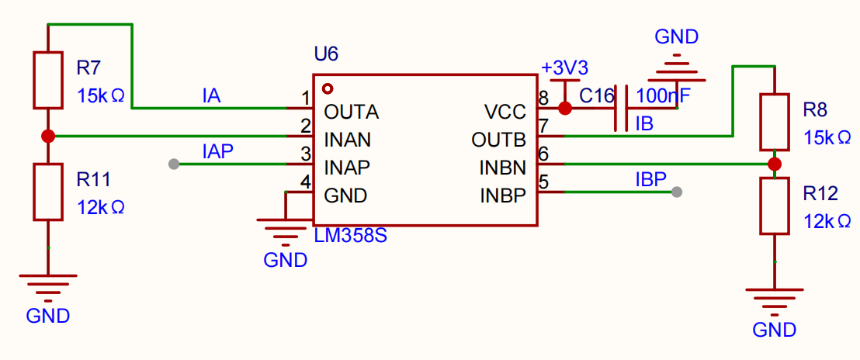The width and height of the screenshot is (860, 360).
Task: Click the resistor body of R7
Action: pos(47,80)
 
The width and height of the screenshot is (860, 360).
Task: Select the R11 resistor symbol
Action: pos(47,192)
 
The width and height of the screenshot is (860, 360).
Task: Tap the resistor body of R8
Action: pos(774,122)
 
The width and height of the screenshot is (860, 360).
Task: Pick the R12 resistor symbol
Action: pos(774,206)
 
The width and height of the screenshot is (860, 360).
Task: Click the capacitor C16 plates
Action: pos(622,108)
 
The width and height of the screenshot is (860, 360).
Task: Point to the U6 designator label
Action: pos(326,54)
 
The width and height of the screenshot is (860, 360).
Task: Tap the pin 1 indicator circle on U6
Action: pos(328,88)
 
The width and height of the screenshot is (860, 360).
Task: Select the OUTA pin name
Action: pos(352,112)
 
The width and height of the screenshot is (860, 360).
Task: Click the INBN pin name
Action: pos(503,167)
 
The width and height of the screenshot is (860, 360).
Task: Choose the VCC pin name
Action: pos(505,112)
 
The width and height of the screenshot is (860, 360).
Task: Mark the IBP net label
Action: pos(650,180)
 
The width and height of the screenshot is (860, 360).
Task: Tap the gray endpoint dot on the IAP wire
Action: pos(174,164)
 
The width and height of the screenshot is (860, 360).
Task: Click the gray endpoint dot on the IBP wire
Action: pos(677,192)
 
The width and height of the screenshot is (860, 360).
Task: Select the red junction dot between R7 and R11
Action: pos(47,136)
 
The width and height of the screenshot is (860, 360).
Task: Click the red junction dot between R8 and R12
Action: pos(774,164)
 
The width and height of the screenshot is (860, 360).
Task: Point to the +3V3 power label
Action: pos(565,68)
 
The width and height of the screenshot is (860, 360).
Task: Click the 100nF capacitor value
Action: pos(663,96)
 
